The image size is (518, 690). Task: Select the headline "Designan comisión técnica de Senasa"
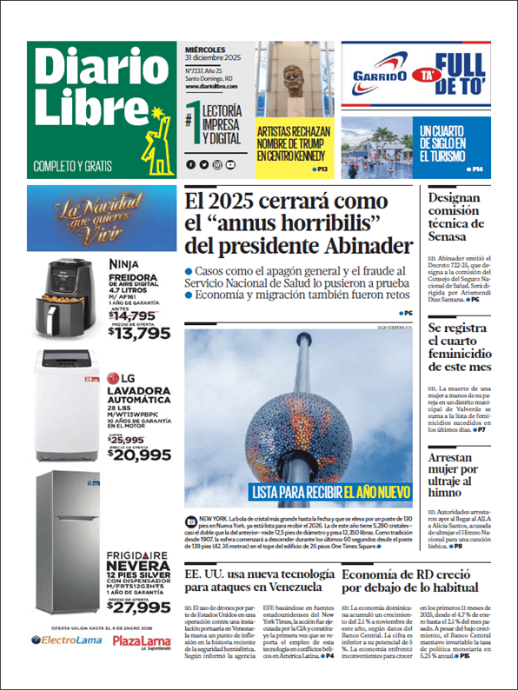click(466, 217)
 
